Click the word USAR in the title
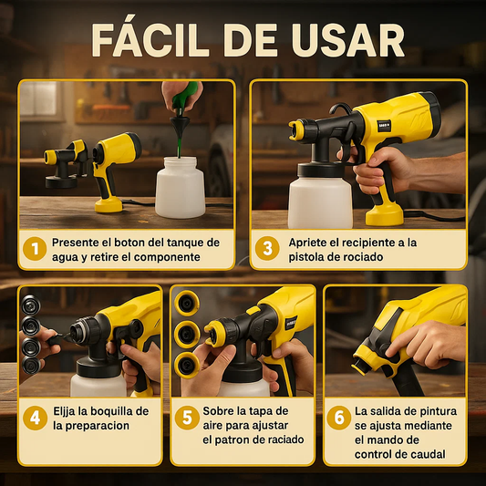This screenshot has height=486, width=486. point(347,40)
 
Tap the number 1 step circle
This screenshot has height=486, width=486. point(35,249)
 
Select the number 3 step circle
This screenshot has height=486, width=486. point(267,248)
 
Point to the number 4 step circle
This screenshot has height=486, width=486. point(35,418)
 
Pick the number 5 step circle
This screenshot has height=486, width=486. point(187,418)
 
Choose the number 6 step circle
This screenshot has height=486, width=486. point(339,418)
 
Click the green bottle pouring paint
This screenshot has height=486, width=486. point(184,96)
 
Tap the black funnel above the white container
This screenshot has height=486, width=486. point(180,127)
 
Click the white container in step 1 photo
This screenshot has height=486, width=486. point(180,187)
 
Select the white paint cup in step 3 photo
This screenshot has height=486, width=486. point(320,202)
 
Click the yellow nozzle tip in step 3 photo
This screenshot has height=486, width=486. point(296,130)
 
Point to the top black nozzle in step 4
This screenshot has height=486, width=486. point(31,305)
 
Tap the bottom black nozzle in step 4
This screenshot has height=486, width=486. point(31,366)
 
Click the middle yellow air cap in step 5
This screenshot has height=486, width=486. point(187,335)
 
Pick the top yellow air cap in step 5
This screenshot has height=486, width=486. point(187,303)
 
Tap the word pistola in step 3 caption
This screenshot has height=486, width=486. point(305,257)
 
